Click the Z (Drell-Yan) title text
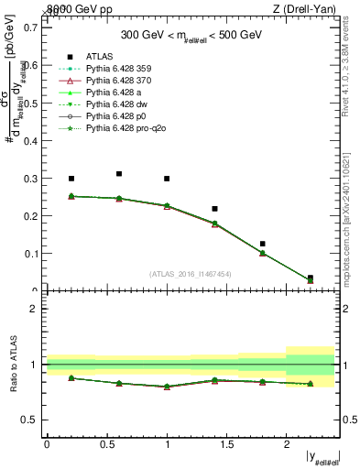tap(309, 8)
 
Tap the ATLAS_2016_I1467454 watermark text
tap(191, 274)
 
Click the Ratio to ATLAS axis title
tap(13, 364)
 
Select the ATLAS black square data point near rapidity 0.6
tap(119, 173)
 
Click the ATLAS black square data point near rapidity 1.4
tap(214, 209)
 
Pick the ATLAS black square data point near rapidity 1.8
tap(262, 244)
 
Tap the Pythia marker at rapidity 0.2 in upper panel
tap(71, 196)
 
